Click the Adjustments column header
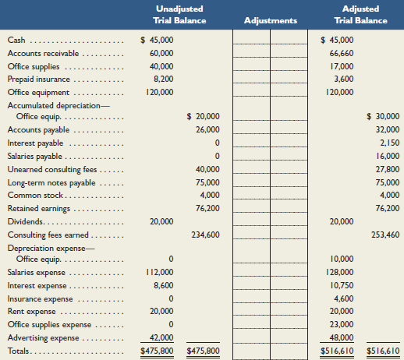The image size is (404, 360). point(271,20)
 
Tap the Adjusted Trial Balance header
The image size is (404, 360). point(360,15)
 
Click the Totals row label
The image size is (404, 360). point(20,352)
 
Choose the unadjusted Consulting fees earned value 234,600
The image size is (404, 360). point(206,235)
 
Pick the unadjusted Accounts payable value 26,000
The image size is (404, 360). point(207,130)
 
